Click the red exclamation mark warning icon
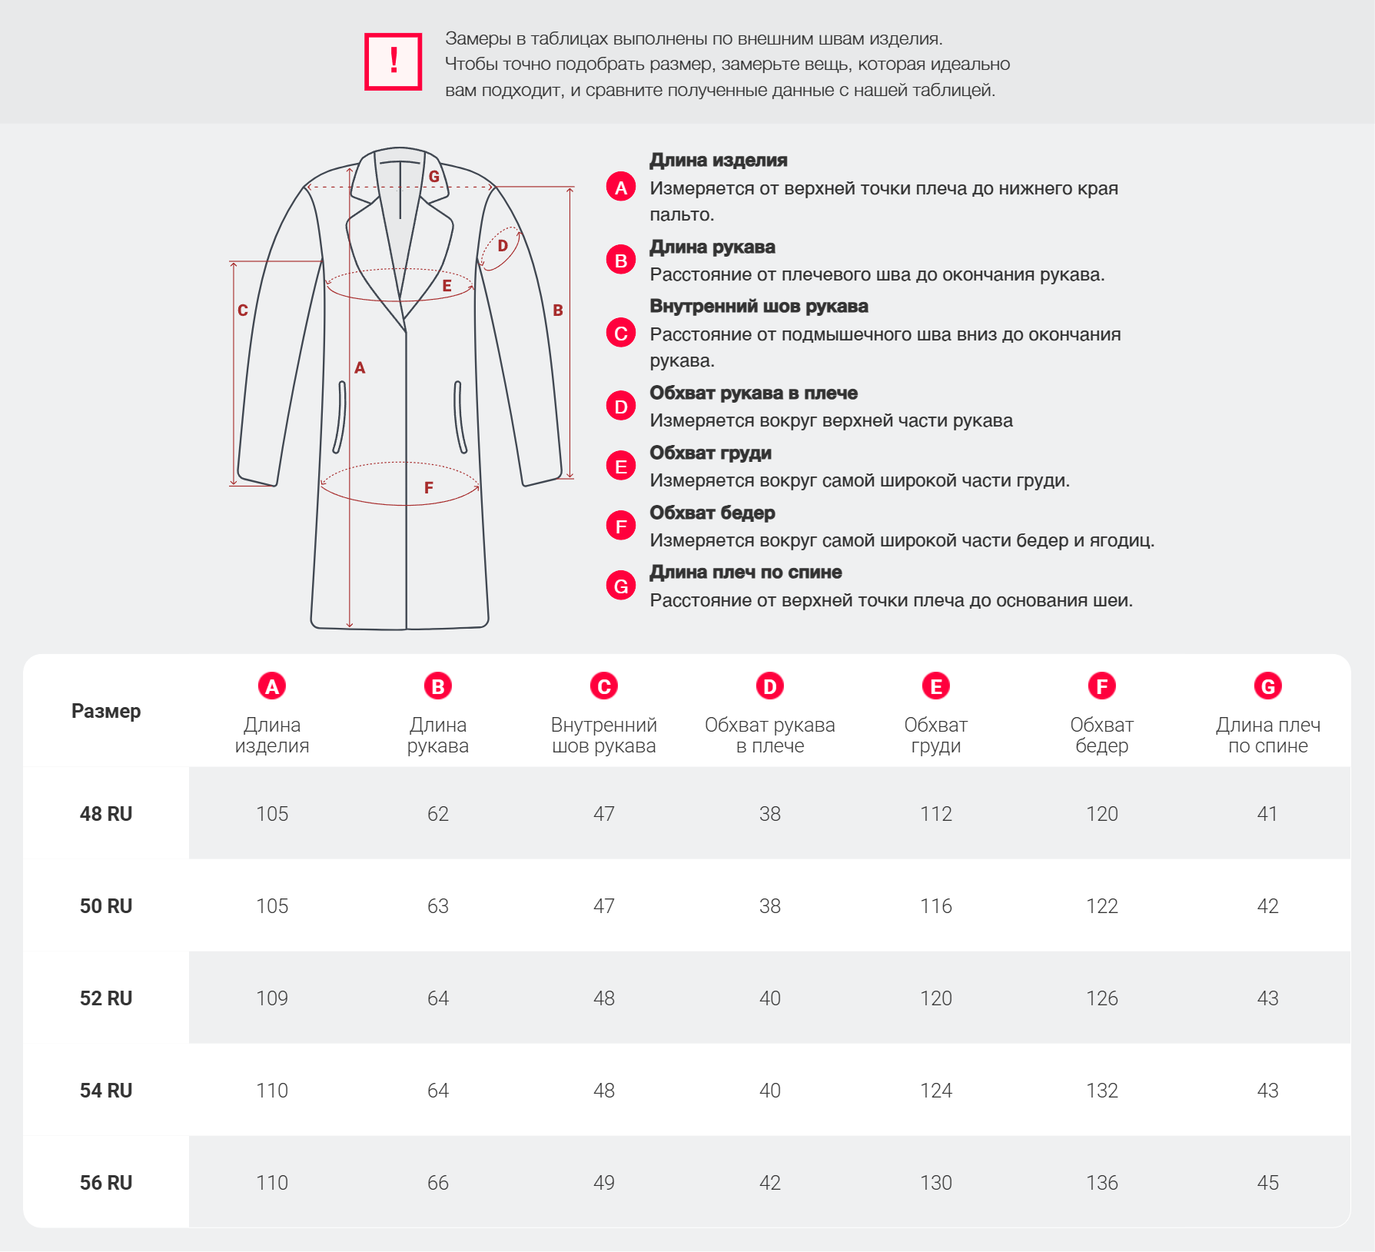click(x=393, y=61)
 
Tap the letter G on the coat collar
click(x=434, y=176)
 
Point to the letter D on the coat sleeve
click(x=503, y=246)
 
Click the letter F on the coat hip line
click(x=429, y=487)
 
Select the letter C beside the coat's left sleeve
click(x=243, y=311)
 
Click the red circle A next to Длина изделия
click(x=621, y=187)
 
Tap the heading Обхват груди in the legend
click(x=710, y=453)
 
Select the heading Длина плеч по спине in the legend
click(x=746, y=572)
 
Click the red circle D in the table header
click(x=770, y=686)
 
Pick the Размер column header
click(x=106, y=711)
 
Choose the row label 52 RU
click(x=106, y=998)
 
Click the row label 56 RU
click(x=106, y=1183)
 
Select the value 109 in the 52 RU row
click(x=272, y=998)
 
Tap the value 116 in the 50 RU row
click(x=936, y=906)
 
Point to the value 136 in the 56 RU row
click(x=1102, y=1183)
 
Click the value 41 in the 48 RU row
click(x=1268, y=814)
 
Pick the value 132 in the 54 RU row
click(x=1102, y=1091)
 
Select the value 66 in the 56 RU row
click(x=438, y=1183)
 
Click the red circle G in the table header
click(x=1268, y=686)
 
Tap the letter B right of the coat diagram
click(x=558, y=311)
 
